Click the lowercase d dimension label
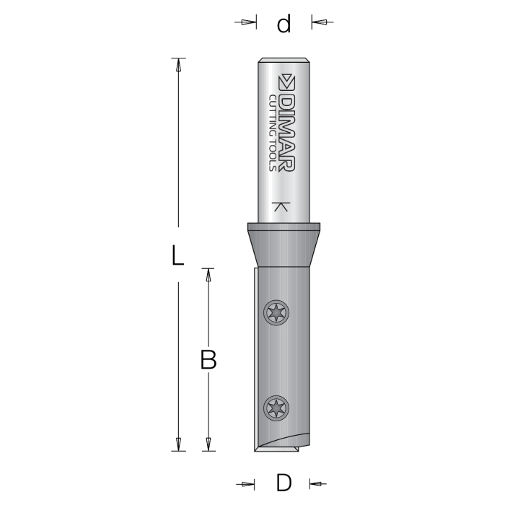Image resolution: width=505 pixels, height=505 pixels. click(284, 24)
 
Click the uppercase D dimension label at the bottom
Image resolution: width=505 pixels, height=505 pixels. click(283, 482)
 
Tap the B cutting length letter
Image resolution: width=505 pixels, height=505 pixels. click(208, 359)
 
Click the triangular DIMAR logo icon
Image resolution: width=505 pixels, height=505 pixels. click(286, 79)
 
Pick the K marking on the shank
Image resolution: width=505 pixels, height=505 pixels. click(283, 208)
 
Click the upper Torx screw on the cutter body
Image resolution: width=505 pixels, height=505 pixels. click(277, 313)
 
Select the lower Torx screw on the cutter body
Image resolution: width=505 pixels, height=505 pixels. click(277, 408)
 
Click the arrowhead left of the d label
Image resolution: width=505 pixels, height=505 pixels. click(249, 23)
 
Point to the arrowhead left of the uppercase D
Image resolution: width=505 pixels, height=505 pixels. click(248, 483)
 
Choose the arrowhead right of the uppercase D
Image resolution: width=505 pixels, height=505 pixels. click(317, 483)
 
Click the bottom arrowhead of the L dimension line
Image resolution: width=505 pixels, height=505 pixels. click(177, 444)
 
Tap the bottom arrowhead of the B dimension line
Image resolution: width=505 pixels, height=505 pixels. click(208, 444)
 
